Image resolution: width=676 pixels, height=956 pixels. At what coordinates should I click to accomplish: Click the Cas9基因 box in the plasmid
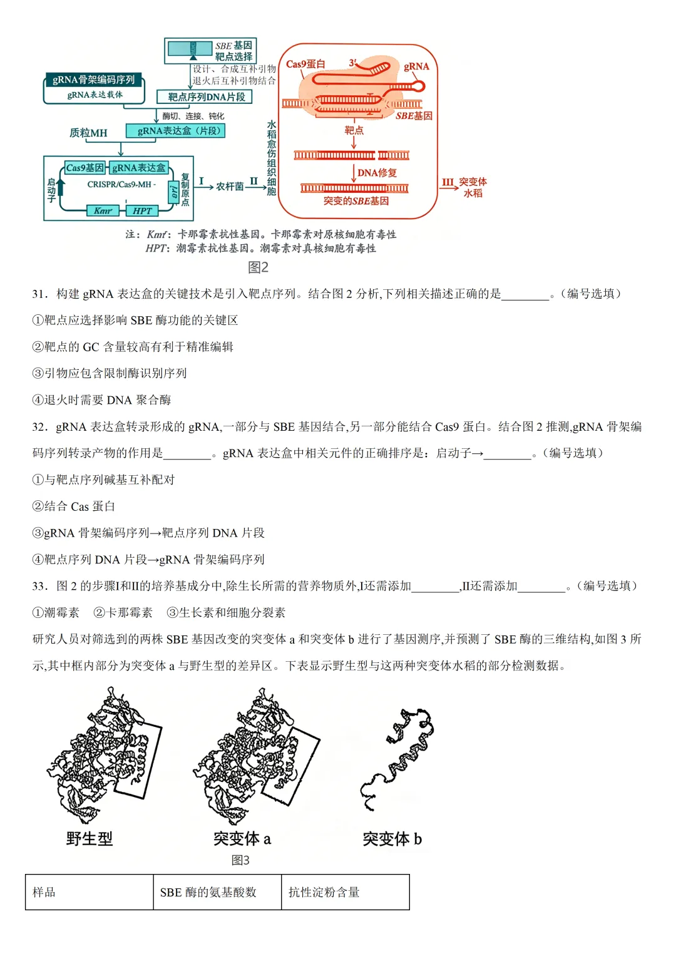tap(84, 168)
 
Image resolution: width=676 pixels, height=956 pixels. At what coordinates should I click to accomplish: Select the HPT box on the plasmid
tap(142, 211)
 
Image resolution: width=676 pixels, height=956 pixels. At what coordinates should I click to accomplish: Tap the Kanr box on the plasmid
tap(103, 211)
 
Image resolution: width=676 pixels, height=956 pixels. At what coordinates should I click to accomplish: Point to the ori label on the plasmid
tap(174, 192)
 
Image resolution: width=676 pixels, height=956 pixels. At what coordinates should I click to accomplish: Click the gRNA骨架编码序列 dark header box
tap(93, 80)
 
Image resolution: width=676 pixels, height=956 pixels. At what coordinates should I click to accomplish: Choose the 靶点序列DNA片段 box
tap(206, 97)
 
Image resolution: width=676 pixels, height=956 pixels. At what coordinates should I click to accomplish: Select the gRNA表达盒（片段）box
tap(175, 131)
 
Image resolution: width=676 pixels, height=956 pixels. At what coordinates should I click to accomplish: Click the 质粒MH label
tap(88, 133)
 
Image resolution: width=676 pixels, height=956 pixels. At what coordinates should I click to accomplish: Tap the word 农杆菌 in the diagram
tap(230, 187)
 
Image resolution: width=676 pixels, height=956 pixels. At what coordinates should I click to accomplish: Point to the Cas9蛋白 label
tap(305, 64)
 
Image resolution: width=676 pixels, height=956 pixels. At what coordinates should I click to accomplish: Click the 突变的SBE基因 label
tap(356, 201)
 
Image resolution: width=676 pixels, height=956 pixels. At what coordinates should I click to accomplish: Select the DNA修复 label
tap(377, 173)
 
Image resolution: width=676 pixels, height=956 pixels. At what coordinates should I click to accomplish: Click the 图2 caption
tap(258, 267)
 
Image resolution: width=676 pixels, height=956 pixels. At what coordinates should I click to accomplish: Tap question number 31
tap(40, 294)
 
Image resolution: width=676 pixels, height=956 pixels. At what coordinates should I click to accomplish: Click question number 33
tap(40, 586)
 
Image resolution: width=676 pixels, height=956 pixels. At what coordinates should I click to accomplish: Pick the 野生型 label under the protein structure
tap(90, 839)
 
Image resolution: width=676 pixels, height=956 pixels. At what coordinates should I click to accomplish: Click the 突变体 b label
tap(392, 839)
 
